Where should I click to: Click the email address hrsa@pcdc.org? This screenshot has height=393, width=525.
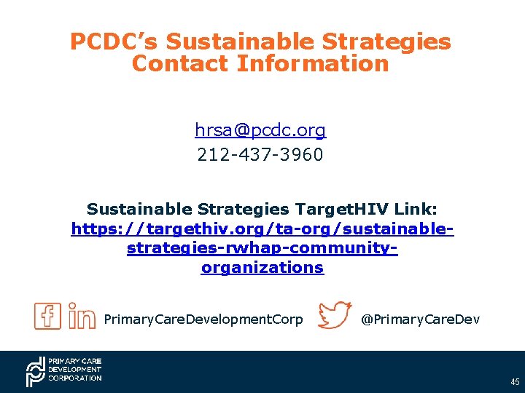click(x=260, y=130)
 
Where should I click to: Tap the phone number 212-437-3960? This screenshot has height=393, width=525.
click(x=260, y=155)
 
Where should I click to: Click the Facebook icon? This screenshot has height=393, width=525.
click(x=48, y=316)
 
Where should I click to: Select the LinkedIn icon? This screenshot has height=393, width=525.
click(x=82, y=316)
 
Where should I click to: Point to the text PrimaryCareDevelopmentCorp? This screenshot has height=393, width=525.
click(x=203, y=319)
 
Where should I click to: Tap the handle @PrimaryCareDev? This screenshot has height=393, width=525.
click(x=421, y=319)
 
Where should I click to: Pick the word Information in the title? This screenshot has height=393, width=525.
click(x=312, y=63)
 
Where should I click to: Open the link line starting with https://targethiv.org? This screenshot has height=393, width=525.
click(x=262, y=229)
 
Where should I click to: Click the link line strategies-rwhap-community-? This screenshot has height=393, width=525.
click(x=262, y=248)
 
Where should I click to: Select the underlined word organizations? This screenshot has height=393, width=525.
click(x=262, y=267)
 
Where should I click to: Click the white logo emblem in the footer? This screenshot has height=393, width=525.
click(x=35, y=372)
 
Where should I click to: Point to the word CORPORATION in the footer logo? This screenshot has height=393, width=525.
click(x=75, y=378)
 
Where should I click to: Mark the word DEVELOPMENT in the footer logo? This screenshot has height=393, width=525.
click(x=75, y=370)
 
